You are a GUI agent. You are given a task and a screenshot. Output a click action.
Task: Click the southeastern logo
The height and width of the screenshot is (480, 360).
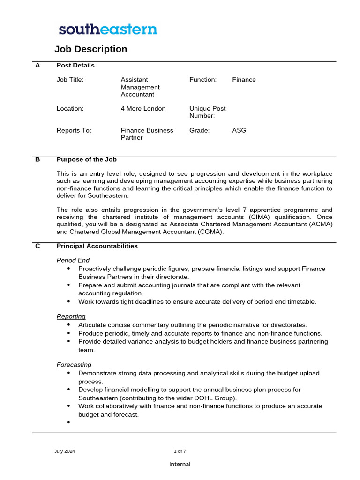click(108, 30)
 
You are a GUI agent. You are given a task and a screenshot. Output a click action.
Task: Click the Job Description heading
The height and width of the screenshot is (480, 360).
click(90, 49)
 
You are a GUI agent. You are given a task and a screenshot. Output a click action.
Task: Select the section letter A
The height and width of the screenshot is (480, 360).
click(37, 66)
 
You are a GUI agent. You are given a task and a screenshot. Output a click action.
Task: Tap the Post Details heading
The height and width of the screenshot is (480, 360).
click(75, 66)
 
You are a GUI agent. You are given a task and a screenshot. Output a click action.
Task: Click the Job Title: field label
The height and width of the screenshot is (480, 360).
click(70, 80)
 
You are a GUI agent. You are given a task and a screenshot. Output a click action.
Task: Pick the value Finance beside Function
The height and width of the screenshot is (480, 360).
click(244, 80)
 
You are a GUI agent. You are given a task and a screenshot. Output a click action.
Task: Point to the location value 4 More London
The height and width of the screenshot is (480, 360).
click(143, 109)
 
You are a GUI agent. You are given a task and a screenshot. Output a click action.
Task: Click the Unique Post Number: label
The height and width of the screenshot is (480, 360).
click(207, 112)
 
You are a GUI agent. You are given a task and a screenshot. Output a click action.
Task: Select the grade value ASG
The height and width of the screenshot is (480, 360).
click(239, 130)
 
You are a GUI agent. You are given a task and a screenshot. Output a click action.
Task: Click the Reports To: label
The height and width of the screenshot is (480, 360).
click(74, 130)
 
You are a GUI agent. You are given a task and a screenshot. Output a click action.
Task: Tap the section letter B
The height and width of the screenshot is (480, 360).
click(37, 159)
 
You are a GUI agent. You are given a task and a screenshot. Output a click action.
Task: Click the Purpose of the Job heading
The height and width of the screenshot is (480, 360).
click(86, 159)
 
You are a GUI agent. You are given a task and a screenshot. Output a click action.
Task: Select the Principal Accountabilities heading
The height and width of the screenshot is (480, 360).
click(97, 246)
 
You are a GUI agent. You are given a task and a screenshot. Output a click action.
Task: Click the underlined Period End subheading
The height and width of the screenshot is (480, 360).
click(73, 260)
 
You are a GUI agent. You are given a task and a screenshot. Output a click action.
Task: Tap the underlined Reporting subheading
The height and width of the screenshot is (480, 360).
click(71, 317)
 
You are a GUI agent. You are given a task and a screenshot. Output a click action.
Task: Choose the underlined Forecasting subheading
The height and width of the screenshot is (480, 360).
click(74, 365)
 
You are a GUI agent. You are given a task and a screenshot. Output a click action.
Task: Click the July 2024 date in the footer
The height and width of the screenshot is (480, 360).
click(65, 451)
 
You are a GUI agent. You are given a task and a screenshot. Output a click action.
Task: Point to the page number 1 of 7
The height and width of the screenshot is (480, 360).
click(180, 451)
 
